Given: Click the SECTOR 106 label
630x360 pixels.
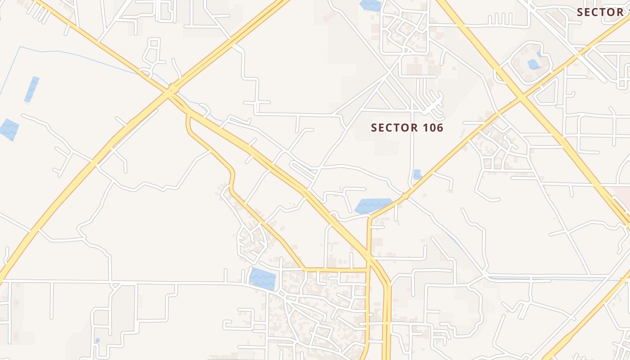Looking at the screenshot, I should point(407,128).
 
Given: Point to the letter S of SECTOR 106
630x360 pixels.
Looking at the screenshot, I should point(373,128).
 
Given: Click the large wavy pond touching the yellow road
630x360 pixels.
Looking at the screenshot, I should point(373,206).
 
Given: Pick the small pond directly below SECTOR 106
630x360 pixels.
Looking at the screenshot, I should point(417,174).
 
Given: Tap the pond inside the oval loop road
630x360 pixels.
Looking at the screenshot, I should point(534,64).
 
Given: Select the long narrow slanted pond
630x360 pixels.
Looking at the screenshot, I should point(31,89).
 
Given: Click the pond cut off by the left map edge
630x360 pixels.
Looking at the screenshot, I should point(9,129).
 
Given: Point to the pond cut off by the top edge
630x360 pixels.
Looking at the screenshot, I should point(370,5).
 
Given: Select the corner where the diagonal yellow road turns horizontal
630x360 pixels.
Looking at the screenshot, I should point(305,270).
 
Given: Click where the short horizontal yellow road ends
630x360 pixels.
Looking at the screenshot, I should point(367,270).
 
